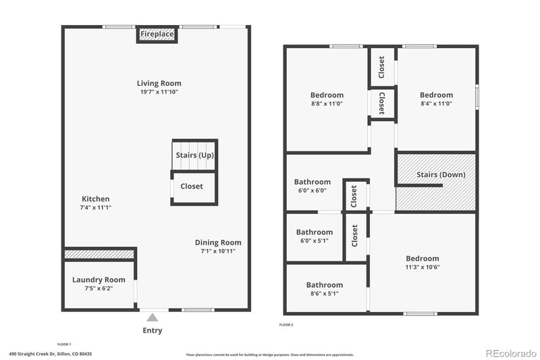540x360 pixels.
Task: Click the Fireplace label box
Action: click(157, 34)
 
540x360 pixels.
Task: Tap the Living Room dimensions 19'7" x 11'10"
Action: click(159, 92)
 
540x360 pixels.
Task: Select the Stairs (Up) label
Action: click(195, 155)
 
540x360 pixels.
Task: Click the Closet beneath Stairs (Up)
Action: click(192, 186)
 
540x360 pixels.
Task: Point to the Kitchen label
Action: click(95, 199)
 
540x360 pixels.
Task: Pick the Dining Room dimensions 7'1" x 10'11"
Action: click(217, 251)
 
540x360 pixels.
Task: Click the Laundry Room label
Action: click(99, 280)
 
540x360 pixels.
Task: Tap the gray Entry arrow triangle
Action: click(153, 317)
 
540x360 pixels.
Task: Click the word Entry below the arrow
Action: click(153, 330)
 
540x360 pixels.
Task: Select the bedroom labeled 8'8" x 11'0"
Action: click(327, 95)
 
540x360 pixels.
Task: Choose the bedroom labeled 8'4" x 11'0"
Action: click(436, 95)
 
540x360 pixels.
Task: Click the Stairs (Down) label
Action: click(441, 175)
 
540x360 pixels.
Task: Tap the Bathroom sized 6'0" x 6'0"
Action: click(312, 182)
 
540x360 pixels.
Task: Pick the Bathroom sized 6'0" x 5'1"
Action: click(314, 232)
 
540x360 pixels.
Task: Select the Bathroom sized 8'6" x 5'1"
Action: click(324, 285)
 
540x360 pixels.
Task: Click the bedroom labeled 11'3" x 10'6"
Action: click(422, 258)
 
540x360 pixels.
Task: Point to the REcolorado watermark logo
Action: click(510, 353)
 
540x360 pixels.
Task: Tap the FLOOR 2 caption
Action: click(286, 325)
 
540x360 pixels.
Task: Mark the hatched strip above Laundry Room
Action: click(99, 254)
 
